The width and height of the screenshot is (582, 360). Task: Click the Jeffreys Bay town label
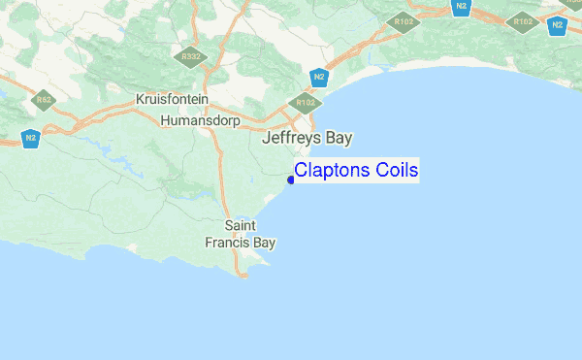[x=307, y=139]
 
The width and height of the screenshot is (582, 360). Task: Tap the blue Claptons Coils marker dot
[x=291, y=180]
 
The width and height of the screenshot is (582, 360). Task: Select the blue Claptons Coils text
[x=356, y=171]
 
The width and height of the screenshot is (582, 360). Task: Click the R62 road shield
[x=44, y=99]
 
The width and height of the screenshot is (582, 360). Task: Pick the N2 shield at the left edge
[x=31, y=138]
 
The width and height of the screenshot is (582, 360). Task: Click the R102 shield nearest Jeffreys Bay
[x=306, y=101]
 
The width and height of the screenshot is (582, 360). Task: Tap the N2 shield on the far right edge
[x=557, y=24]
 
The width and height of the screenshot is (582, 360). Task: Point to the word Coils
[x=398, y=171]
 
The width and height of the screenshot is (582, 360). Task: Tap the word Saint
[x=240, y=225]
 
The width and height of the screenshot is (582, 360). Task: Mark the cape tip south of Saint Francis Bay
[x=245, y=274]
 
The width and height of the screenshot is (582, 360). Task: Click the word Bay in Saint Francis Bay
[x=265, y=243]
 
